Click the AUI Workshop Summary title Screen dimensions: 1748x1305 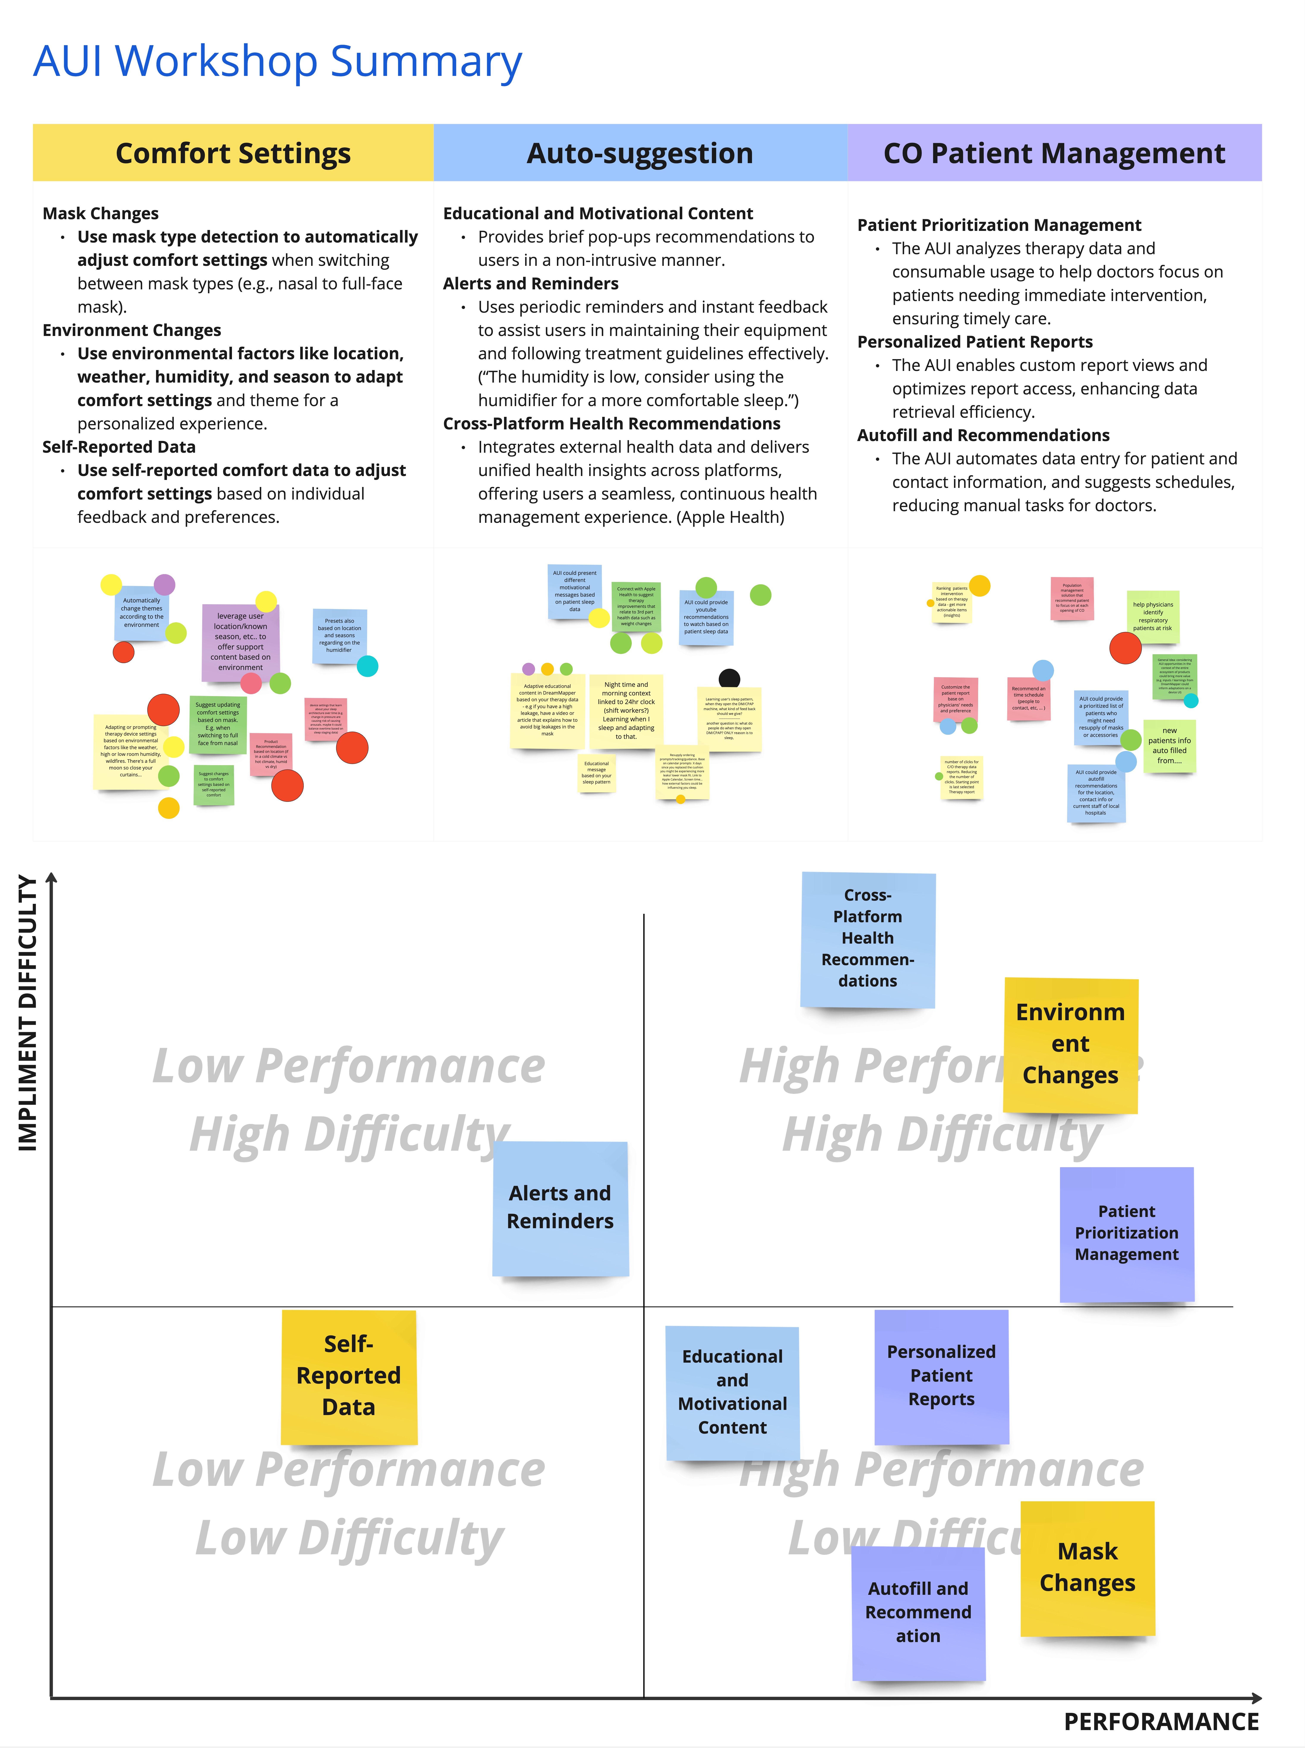point(277,62)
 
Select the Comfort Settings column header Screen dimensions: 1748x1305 point(233,153)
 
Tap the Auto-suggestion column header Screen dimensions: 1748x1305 point(640,153)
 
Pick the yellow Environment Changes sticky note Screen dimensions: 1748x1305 point(1070,1044)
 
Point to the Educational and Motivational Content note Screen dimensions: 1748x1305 point(732,1392)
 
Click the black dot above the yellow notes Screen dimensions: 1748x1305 point(729,678)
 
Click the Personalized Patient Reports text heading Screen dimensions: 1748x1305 point(975,342)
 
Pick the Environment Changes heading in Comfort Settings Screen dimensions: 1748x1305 point(132,330)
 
